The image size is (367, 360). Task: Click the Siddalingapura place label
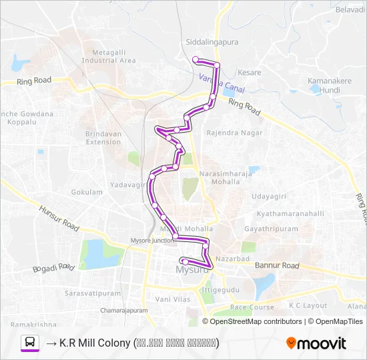(x=211, y=42)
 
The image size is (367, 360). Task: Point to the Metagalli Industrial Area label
(x=109, y=56)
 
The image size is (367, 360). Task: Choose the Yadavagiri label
(x=125, y=184)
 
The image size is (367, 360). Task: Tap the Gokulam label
(x=87, y=192)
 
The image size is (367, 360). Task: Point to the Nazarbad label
(x=234, y=257)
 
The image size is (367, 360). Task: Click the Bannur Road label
(x=277, y=265)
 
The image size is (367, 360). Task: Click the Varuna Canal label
(x=222, y=84)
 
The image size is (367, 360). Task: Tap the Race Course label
(x=252, y=307)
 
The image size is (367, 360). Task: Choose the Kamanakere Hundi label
(x=324, y=85)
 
